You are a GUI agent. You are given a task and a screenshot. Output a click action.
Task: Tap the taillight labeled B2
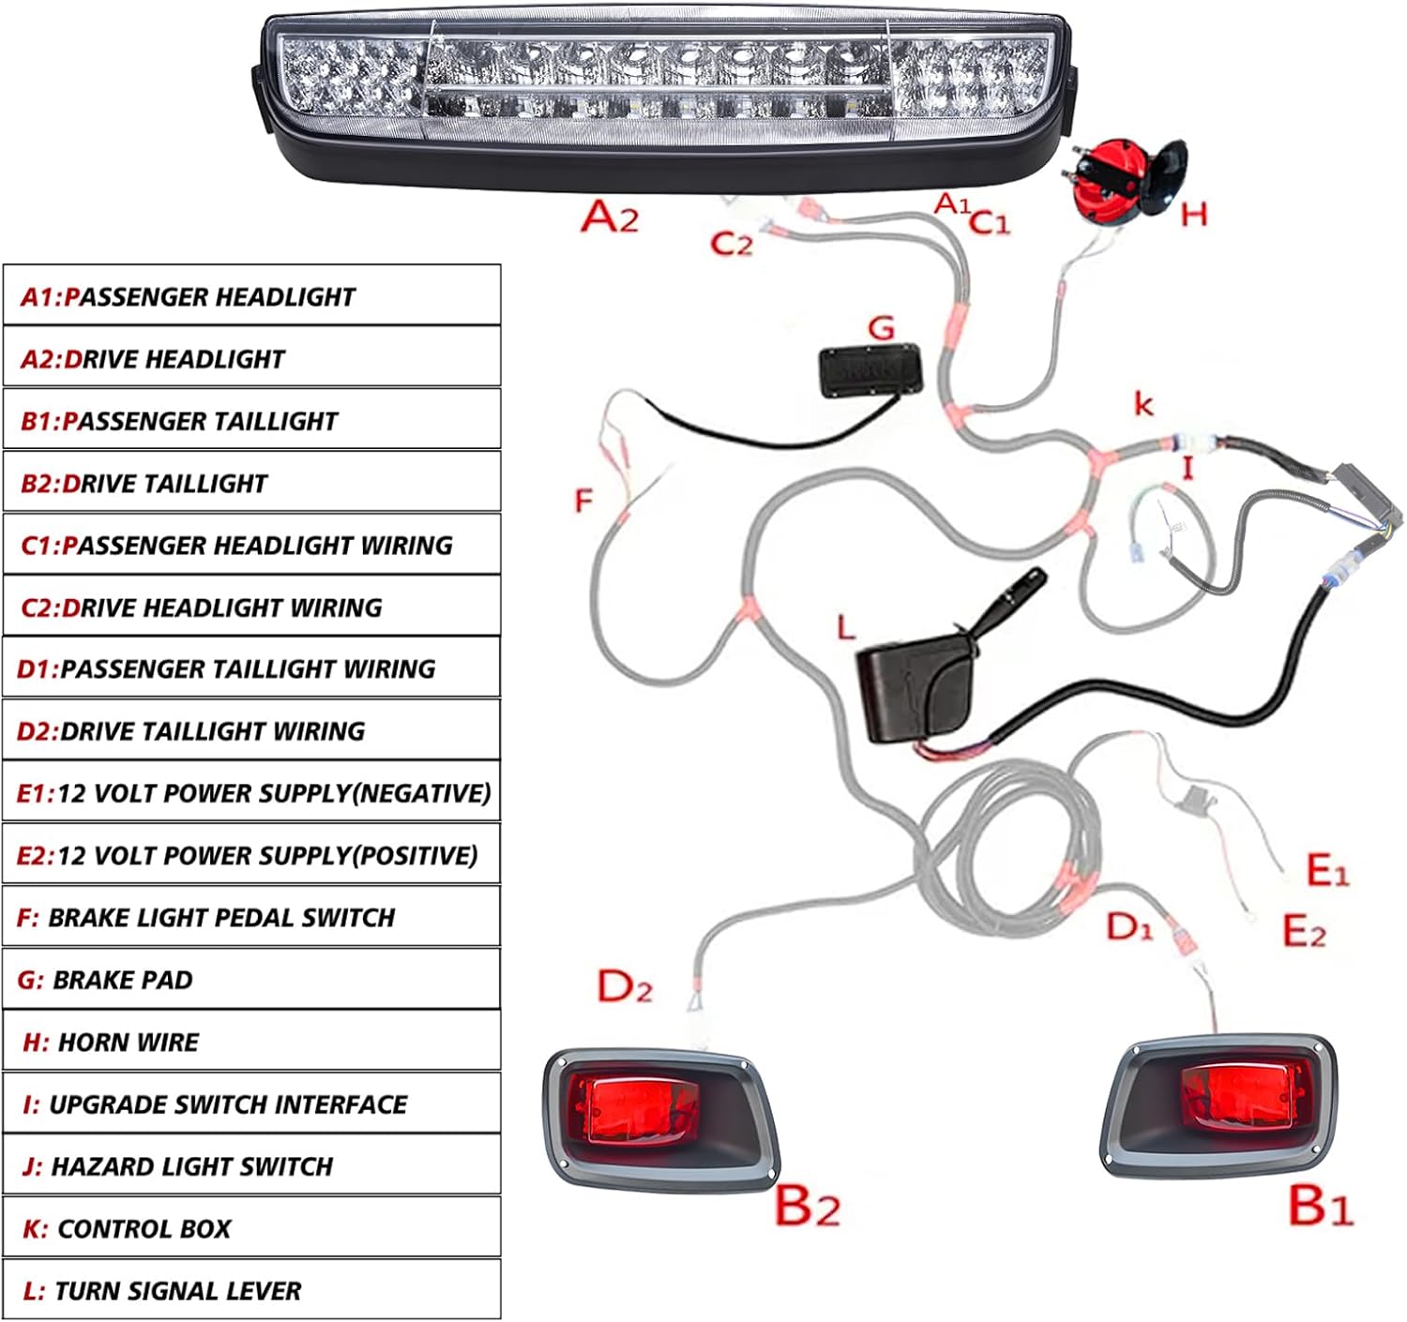(661, 1115)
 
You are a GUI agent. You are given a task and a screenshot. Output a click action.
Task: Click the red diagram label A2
(610, 217)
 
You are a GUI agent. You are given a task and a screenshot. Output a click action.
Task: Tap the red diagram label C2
(732, 244)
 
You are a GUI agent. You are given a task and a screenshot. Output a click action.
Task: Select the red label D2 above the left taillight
(625, 986)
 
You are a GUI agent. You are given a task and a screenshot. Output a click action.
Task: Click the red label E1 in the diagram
(1327, 871)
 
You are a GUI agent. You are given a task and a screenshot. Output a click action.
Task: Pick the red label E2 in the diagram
(1304, 931)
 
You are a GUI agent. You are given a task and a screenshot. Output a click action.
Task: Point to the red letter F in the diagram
(583, 501)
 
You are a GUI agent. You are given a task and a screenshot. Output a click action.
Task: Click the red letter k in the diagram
(1143, 404)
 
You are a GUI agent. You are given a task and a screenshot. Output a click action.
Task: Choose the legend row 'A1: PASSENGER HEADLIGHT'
(251, 296)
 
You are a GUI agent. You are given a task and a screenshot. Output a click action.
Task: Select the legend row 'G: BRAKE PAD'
(251, 980)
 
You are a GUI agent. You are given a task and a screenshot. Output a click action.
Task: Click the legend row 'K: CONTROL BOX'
(251, 1228)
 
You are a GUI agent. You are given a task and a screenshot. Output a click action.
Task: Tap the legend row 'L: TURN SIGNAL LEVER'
(251, 1291)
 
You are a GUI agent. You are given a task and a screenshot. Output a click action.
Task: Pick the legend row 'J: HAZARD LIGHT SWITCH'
(251, 1166)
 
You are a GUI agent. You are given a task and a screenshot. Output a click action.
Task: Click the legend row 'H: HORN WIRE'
(251, 1042)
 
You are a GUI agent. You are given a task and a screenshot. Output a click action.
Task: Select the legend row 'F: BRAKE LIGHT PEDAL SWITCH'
(251, 917)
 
